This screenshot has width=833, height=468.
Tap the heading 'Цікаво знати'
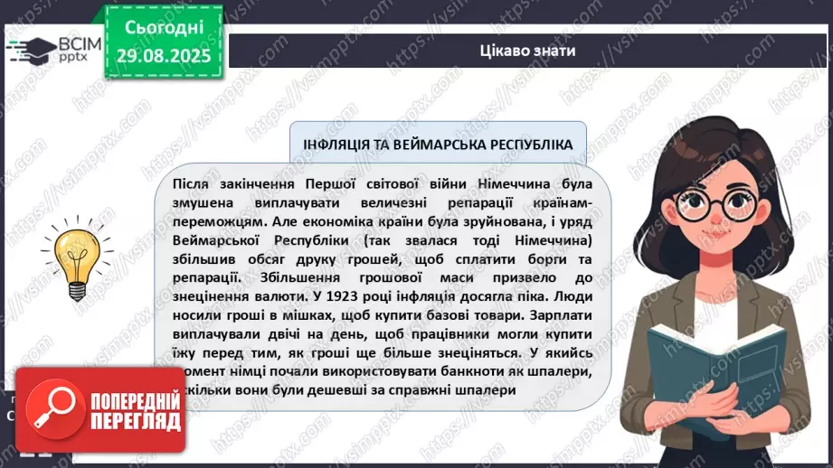(x=529, y=51)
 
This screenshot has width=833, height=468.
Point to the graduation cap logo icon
(x=30, y=49)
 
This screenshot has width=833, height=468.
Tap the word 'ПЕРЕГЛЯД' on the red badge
(x=135, y=421)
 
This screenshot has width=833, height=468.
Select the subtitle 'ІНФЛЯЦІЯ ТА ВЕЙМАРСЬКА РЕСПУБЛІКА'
(x=437, y=145)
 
